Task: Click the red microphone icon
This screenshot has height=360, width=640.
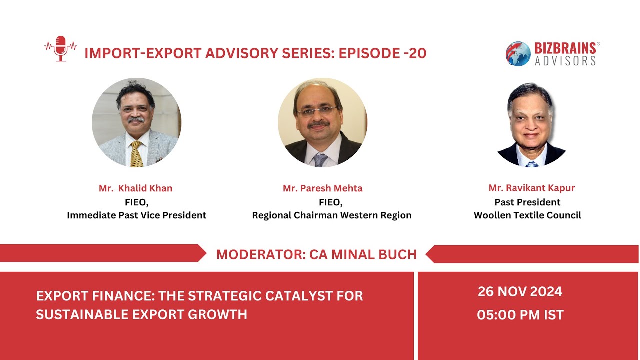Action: pyautogui.click(x=60, y=48)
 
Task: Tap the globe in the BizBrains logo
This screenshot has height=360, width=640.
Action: pyautogui.click(x=518, y=53)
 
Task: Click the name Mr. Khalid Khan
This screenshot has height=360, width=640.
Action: pyautogui.click(x=135, y=188)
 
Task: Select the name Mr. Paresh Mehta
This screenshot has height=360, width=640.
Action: pyautogui.click(x=322, y=188)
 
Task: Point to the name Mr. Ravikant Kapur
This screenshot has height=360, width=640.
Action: pyautogui.click(x=532, y=188)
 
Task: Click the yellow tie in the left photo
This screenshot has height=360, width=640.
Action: pyautogui.click(x=136, y=154)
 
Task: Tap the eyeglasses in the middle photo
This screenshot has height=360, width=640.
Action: pyautogui.click(x=316, y=110)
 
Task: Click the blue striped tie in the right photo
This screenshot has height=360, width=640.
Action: pyautogui.click(x=531, y=163)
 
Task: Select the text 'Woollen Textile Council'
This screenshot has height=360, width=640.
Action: pyautogui.click(x=527, y=215)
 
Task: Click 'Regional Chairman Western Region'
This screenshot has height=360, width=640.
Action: pyautogui.click(x=332, y=215)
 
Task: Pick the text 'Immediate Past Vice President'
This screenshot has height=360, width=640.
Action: pyautogui.click(x=136, y=215)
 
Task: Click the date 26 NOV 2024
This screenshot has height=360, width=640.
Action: pyautogui.click(x=520, y=291)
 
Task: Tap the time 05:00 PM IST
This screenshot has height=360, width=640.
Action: pyautogui.click(x=520, y=315)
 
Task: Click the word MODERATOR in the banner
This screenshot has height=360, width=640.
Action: pyautogui.click(x=260, y=254)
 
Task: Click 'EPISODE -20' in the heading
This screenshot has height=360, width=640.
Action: pyautogui.click(x=382, y=53)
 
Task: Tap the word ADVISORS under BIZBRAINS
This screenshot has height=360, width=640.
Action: pyautogui.click(x=565, y=60)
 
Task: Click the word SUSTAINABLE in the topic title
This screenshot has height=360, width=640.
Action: pyautogui.click(x=85, y=314)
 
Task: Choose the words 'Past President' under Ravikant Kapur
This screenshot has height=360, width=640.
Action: pyautogui.click(x=527, y=202)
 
